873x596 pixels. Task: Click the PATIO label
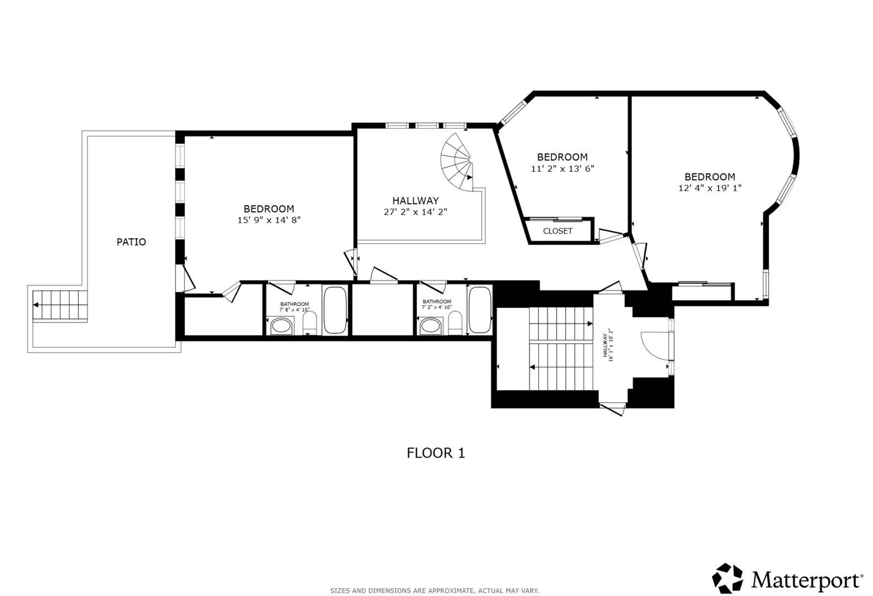(x=131, y=242)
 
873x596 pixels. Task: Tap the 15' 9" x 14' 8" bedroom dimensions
(x=269, y=220)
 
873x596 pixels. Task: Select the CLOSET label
(x=558, y=231)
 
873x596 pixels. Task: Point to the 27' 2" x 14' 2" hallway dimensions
(x=415, y=211)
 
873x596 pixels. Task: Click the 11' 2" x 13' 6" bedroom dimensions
(x=562, y=168)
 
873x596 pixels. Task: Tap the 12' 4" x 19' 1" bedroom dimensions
(x=710, y=188)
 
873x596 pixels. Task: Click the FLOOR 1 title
(x=436, y=453)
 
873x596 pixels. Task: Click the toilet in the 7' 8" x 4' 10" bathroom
(x=310, y=324)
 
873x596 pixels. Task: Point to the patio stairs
(x=60, y=305)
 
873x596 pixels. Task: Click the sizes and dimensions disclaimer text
(x=434, y=590)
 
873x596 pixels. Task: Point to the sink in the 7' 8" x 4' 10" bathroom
(x=281, y=326)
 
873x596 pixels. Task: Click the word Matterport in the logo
(x=805, y=581)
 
